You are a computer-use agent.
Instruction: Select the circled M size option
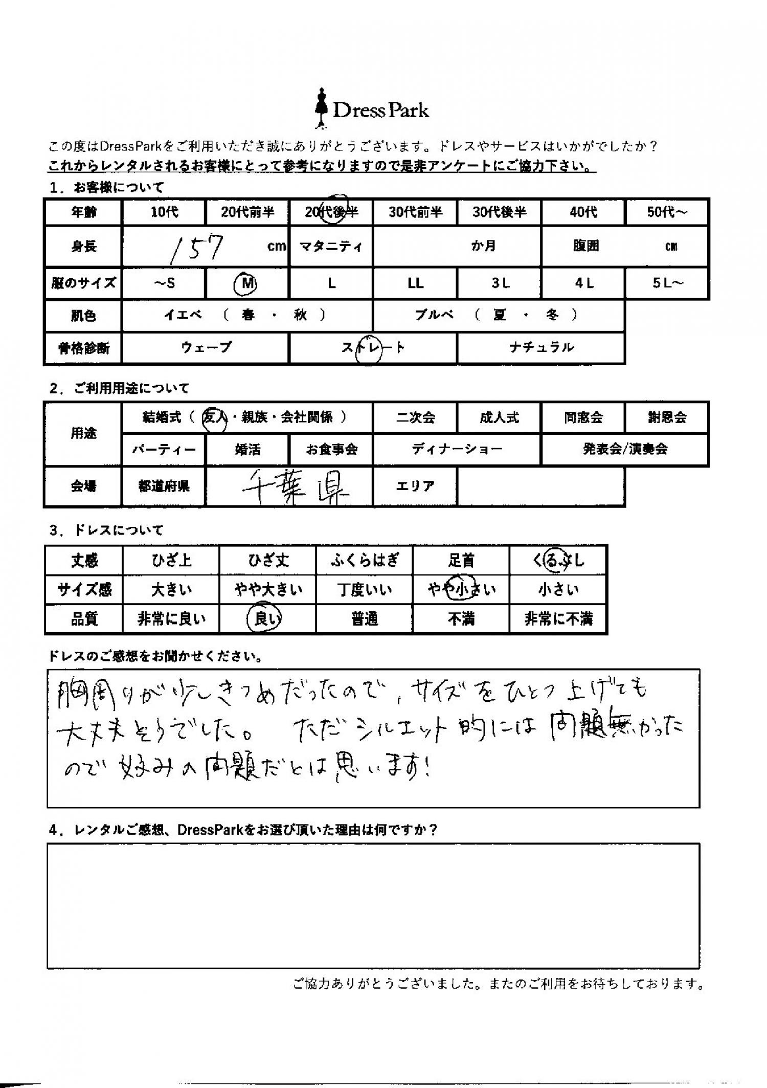[x=247, y=283]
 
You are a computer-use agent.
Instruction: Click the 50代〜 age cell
[x=667, y=212]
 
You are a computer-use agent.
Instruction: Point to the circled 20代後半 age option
[x=331, y=211]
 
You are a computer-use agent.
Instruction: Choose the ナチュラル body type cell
[x=541, y=348]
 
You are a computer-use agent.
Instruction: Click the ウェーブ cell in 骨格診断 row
[x=206, y=348]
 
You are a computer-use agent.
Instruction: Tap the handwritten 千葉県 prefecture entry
[x=295, y=486]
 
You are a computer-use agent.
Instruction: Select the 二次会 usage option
[x=415, y=417]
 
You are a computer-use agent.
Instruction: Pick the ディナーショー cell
[x=457, y=450]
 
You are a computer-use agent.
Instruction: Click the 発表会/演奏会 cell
[x=625, y=450]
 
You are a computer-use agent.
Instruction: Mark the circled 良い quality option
[x=267, y=619]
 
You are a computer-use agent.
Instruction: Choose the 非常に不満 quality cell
[x=558, y=619]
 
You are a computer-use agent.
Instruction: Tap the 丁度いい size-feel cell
[x=365, y=590]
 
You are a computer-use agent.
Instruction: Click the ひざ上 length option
[x=171, y=561]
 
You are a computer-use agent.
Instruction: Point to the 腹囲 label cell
[x=585, y=247]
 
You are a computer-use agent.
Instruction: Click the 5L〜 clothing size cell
[x=667, y=283]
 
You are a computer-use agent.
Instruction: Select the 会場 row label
[x=83, y=486]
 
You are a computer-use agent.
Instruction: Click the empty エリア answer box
[x=541, y=486]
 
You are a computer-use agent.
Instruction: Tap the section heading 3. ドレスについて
[x=106, y=530]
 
